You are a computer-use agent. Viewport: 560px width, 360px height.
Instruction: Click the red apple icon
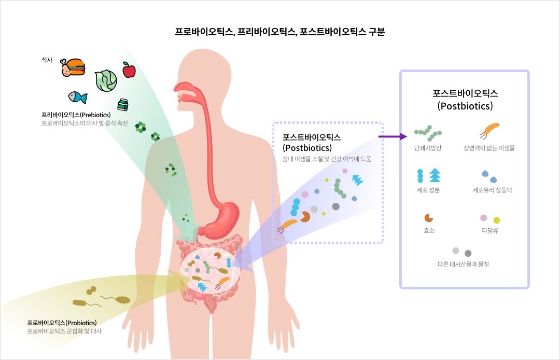pos(129,70)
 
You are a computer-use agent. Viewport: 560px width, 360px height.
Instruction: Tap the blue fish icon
pos(77,97)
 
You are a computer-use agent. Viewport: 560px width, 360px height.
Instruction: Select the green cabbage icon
pos(106,80)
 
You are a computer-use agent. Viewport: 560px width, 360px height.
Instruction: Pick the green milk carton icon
pos(123,105)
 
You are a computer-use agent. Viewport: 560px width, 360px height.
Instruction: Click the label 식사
pos(47,60)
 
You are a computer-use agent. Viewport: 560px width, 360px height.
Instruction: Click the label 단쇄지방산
pos(428,148)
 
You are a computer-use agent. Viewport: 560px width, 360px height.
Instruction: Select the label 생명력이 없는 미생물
pos(489,148)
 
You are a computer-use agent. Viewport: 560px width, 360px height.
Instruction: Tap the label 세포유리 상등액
pos(492,190)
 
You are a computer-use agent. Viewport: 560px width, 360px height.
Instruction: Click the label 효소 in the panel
pos(429,230)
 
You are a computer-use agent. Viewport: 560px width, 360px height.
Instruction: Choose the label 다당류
pos(489,230)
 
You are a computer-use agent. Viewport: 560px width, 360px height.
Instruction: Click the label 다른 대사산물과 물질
pos(463,264)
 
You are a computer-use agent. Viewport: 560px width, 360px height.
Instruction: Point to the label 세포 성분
pos(428,190)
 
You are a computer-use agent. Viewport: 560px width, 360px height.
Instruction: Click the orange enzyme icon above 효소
pos(428,218)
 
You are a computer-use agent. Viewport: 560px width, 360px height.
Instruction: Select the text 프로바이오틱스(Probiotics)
pos(62,323)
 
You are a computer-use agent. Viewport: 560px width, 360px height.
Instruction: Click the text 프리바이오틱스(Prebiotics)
pos(76,115)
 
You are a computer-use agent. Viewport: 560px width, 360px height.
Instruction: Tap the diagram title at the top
pos(280,32)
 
